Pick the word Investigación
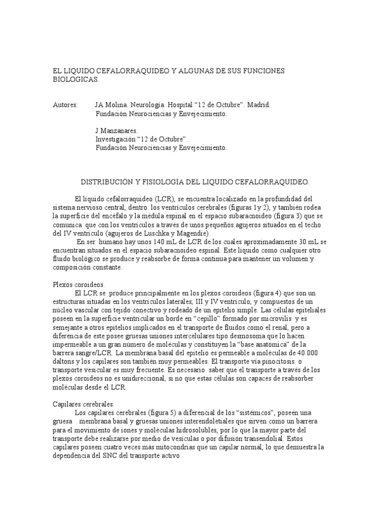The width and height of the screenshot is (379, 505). (x=117, y=139)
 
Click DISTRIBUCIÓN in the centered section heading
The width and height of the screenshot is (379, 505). (x=104, y=181)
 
